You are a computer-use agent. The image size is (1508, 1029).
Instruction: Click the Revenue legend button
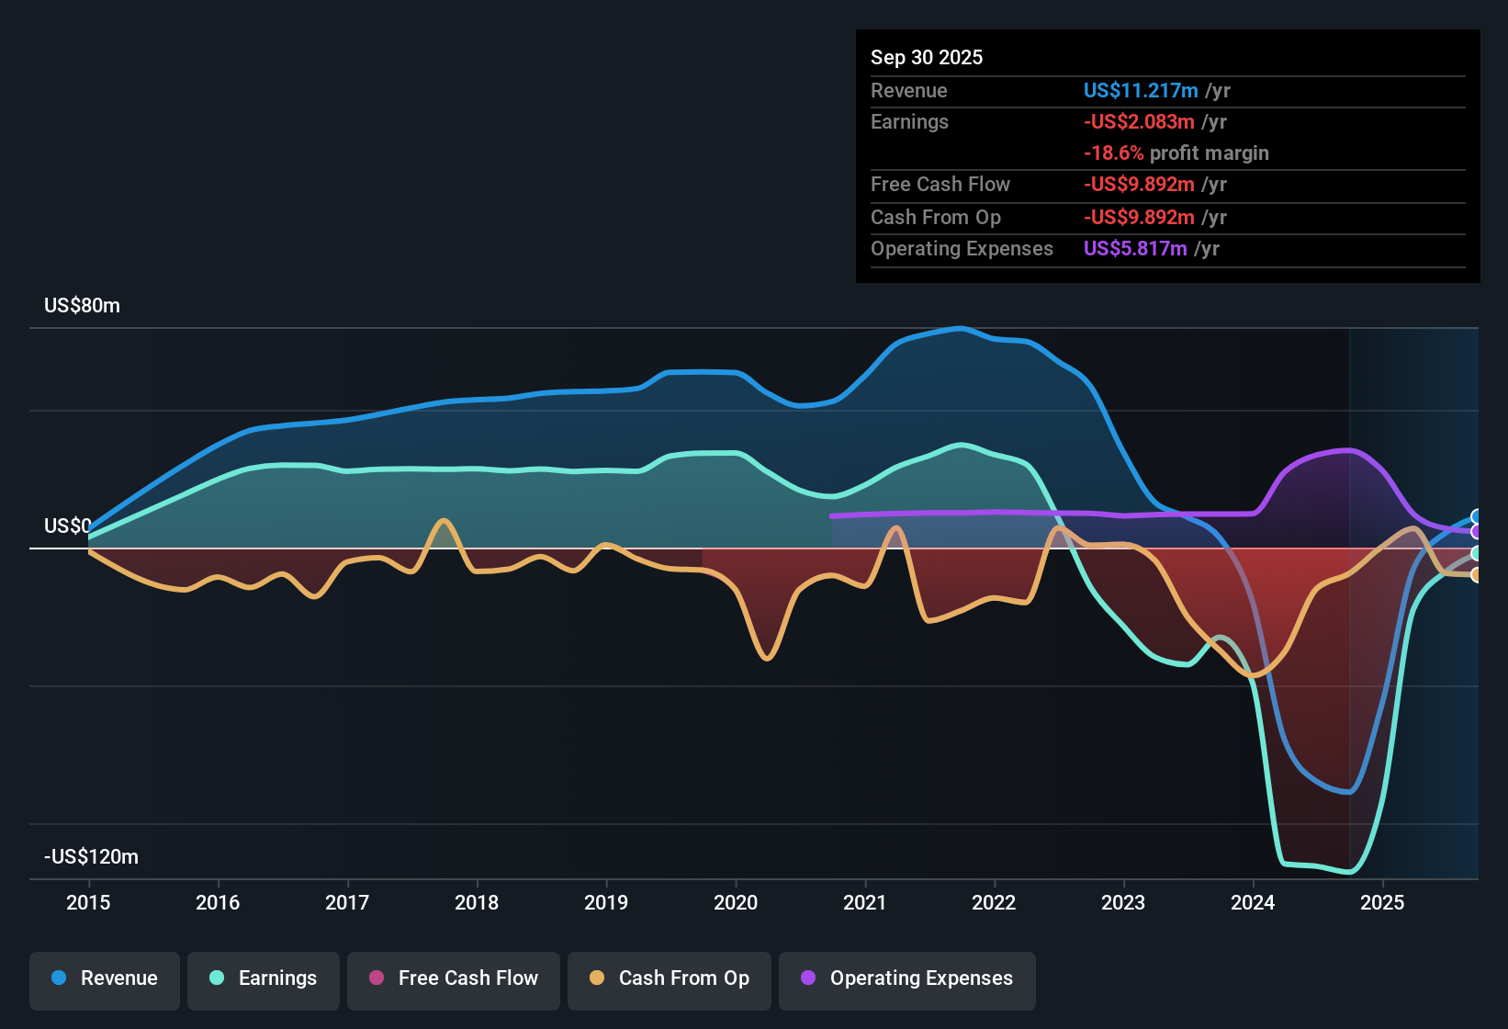[105, 978]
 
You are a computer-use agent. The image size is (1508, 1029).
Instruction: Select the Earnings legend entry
[264, 978]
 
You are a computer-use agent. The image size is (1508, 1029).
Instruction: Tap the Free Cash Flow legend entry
[454, 978]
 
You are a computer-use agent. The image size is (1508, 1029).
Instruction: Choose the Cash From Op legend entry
[670, 978]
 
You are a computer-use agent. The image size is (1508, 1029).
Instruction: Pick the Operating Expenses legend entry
[907, 978]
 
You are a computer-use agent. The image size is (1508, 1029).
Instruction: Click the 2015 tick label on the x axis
[88, 902]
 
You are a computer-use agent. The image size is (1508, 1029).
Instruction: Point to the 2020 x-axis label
[736, 902]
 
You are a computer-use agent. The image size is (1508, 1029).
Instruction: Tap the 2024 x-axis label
[1253, 902]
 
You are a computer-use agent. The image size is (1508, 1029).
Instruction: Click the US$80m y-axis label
[82, 306]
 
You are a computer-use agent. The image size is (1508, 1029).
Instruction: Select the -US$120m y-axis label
[91, 857]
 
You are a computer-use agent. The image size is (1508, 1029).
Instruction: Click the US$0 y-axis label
[67, 526]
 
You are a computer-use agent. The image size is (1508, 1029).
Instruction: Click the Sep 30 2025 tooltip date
[927, 58]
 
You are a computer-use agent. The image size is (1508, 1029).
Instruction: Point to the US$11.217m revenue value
[1141, 91]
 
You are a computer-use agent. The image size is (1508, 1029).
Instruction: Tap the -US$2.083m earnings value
[1139, 122]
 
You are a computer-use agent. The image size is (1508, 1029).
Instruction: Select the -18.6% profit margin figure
[1113, 153]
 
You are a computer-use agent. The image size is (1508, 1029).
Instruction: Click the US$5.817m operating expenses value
[1135, 249]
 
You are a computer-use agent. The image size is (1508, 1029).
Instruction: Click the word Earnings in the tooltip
[909, 122]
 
